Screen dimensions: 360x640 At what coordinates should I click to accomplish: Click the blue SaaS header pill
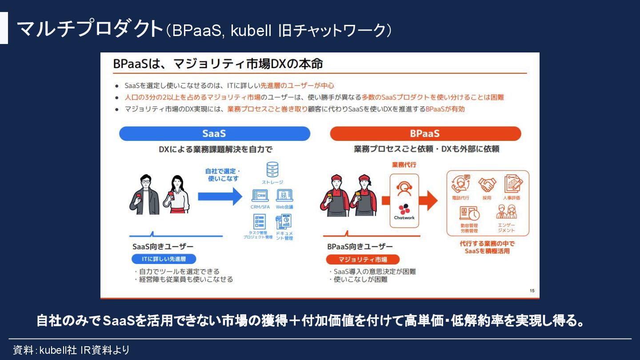tap(214, 134)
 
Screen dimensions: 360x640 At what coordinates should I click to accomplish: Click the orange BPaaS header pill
tap(425, 134)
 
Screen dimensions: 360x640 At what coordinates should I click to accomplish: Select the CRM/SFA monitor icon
tap(260, 196)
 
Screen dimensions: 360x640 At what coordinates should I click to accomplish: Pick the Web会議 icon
tap(284, 196)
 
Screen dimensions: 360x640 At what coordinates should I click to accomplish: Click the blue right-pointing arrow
tap(220, 196)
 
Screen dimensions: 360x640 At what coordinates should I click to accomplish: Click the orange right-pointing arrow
tap(428, 200)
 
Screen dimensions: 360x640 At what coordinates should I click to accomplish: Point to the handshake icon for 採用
tap(487, 184)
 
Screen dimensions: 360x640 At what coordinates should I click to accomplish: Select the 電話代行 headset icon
tap(460, 184)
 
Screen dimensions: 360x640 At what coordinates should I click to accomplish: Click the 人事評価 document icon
tap(513, 184)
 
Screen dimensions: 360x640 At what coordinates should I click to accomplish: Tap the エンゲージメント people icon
tap(506, 212)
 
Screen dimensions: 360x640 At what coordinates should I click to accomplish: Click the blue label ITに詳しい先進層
tap(164, 259)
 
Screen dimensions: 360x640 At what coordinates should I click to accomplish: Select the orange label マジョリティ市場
tap(363, 260)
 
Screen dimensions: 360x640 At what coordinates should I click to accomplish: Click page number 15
tap(532, 291)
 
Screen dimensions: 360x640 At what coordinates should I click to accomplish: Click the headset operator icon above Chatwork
tap(404, 188)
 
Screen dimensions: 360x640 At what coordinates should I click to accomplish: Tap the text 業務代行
tap(404, 165)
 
